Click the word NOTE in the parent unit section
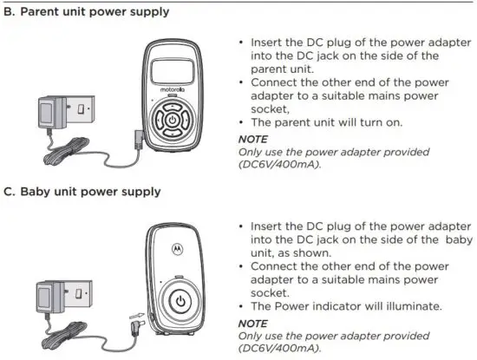click(253, 139)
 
